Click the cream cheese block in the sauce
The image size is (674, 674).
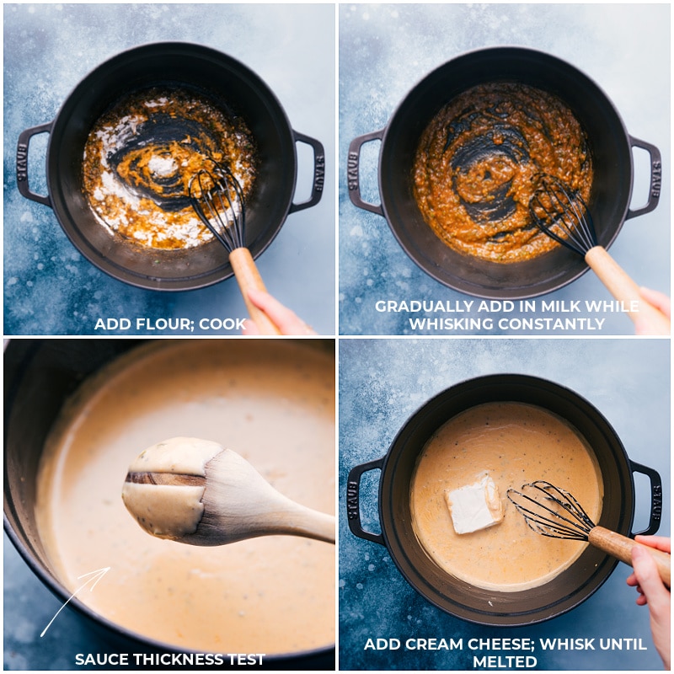[473, 504]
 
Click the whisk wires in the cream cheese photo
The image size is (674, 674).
[548, 509]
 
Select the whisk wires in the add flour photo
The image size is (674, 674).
[216, 203]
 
